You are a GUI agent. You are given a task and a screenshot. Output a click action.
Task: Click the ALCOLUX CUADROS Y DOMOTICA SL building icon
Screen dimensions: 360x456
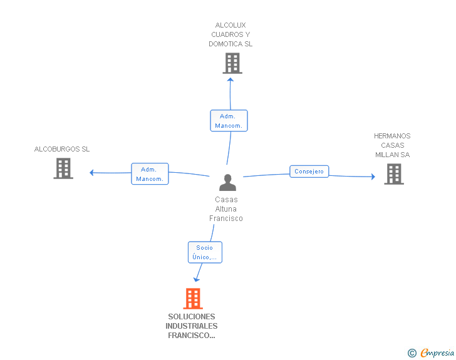[x=232, y=63]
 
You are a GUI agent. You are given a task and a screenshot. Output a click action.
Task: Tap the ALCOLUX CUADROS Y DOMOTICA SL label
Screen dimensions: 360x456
[x=231, y=35]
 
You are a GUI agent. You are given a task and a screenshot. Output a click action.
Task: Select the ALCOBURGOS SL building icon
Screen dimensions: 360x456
[x=63, y=168]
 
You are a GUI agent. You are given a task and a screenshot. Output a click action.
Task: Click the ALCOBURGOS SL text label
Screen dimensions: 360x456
[x=62, y=149]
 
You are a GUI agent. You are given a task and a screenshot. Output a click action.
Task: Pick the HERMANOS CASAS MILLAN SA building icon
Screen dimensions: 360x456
[x=393, y=174]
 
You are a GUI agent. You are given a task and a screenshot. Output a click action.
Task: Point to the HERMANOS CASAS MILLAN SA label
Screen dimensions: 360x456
[x=393, y=145]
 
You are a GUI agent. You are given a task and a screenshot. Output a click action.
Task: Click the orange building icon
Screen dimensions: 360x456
[x=193, y=299]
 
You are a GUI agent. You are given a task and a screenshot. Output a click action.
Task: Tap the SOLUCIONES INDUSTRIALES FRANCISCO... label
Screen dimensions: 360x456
[x=192, y=326]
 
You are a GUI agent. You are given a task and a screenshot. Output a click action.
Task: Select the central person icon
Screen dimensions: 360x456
[x=227, y=183]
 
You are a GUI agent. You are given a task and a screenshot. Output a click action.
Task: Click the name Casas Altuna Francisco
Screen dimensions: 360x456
[x=226, y=209]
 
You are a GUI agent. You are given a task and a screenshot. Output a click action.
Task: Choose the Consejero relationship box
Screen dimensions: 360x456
[x=309, y=172]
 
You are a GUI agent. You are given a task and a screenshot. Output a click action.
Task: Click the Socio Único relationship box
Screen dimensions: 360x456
[x=205, y=252]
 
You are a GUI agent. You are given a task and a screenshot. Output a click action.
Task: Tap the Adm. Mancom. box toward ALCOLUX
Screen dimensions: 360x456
[x=229, y=121]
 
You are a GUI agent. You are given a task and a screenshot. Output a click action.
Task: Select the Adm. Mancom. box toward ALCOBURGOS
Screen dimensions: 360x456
[x=150, y=174]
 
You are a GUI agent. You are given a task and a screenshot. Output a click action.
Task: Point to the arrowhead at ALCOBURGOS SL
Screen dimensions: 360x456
[x=92, y=173]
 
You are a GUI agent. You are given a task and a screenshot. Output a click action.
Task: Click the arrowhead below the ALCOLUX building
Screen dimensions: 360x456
[x=231, y=79]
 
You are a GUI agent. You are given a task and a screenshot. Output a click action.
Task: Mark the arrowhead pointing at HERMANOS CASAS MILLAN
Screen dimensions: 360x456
[x=373, y=177]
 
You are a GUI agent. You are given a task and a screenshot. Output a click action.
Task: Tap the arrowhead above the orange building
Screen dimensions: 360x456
[x=197, y=279]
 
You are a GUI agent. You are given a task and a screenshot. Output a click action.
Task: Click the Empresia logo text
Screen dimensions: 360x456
[x=437, y=354]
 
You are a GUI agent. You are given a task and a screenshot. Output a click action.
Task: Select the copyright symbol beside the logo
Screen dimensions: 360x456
[x=412, y=354]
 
